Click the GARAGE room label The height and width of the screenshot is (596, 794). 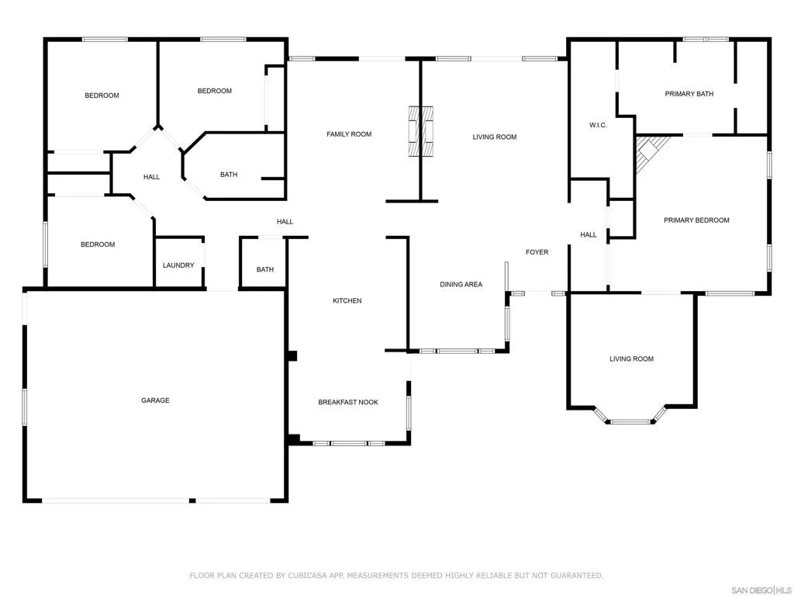pyautogui.click(x=155, y=400)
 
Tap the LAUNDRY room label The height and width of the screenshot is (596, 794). pyautogui.click(x=178, y=265)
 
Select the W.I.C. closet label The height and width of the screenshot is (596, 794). pyautogui.click(x=598, y=125)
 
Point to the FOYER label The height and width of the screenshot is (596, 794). pyautogui.click(x=537, y=252)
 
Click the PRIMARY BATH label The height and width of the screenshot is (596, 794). pyautogui.click(x=689, y=94)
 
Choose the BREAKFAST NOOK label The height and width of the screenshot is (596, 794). pyautogui.click(x=348, y=402)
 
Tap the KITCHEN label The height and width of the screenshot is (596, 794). pyautogui.click(x=347, y=300)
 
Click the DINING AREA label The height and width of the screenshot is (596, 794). pyautogui.click(x=461, y=284)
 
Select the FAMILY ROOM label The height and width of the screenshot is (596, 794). pyautogui.click(x=349, y=134)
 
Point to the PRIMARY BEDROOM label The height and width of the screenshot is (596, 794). pyautogui.click(x=696, y=220)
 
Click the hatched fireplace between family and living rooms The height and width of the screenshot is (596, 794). pyautogui.click(x=421, y=131)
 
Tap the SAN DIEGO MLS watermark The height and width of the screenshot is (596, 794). pyautogui.click(x=761, y=590)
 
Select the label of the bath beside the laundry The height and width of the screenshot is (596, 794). pyautogui.click(x=265, y=269)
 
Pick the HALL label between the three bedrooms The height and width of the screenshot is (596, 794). pyautogui.click(x=151, y=177)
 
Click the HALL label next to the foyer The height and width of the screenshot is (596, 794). pyautogui.click(x=589, y=234)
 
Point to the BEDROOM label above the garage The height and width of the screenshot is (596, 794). pyautogui.click(x=98, y=244)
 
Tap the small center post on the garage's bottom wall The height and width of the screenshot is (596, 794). pyautogui.click(x=192, y=501)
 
